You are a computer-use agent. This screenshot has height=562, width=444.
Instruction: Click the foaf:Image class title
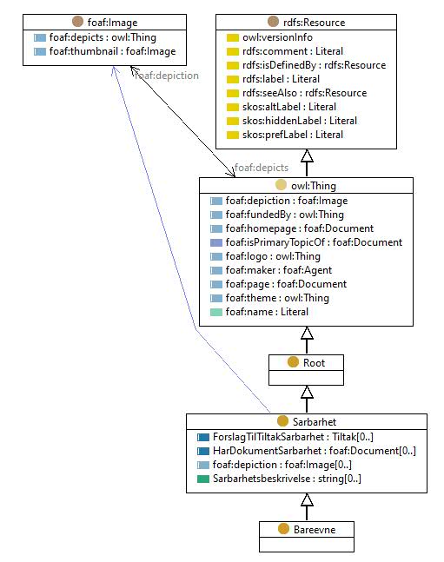[x=112, y=23]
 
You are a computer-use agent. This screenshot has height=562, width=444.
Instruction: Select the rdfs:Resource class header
[x=314, y=23]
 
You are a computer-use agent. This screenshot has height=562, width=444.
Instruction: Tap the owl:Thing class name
[x=314, y=186]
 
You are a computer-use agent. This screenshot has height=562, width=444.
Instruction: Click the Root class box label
[x=314, y=363]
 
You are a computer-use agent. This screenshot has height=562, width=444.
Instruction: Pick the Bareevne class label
[x=315, y=529]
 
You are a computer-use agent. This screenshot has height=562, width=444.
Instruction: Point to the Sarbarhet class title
[x=315, y=421]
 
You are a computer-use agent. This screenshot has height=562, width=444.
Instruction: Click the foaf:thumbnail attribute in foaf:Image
[x=112, y=51]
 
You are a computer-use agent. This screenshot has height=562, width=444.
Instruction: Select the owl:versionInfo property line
[x=277, y=37]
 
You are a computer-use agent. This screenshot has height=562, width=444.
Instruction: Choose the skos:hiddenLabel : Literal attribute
[x=300, y=121]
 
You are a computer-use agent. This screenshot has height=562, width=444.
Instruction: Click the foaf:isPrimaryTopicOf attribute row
[x=314, y=242]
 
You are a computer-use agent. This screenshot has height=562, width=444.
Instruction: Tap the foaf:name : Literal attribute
[x=267, y=312]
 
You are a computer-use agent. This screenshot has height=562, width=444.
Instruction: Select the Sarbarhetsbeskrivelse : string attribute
[x=287, y=479]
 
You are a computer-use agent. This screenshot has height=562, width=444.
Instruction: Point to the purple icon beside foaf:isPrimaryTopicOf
[x=216, y=242]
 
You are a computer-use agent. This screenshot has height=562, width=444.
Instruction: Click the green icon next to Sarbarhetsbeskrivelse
[x=203, y=479]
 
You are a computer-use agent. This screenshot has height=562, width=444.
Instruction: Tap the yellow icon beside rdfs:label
[x=233, y=79]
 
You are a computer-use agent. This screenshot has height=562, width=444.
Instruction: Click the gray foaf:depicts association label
[x=262, y=168]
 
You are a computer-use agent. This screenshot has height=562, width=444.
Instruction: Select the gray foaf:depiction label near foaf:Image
[x=167, y=76]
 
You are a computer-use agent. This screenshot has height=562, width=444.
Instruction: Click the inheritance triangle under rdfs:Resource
[x=307, y=155]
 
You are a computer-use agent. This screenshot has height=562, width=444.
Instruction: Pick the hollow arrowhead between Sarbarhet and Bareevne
[x=307, y=499]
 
